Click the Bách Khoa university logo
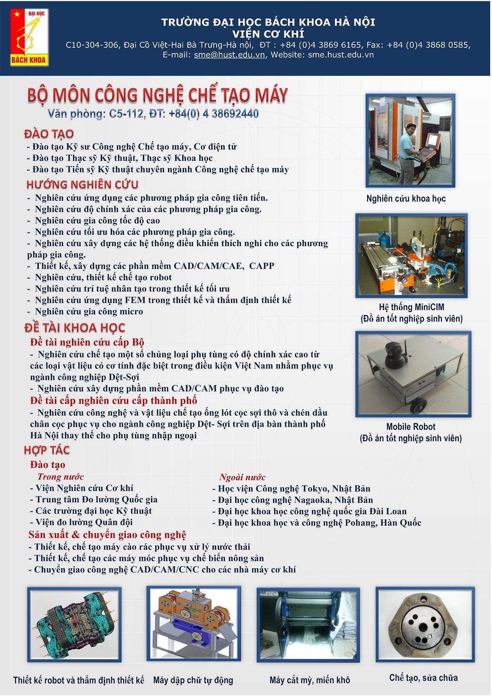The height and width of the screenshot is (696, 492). tap(29, 37)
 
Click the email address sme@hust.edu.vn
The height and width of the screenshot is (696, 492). tap(229, 55)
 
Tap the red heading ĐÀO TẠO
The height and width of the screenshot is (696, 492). tap(49, 134)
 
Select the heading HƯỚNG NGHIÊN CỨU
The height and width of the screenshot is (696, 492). tap(82, 185)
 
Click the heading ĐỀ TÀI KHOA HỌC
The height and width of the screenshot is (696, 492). tap(75, 328)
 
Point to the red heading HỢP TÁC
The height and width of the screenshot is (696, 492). tap(47, 450)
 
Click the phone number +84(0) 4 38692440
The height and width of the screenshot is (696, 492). tap(213, 114)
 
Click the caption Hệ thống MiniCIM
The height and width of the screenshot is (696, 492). tap(411, 307)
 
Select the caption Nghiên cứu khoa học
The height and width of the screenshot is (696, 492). tap(406, 198)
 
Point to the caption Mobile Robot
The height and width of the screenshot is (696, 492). tap(411, 427)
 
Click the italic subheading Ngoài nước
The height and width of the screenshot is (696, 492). tap(242, 477)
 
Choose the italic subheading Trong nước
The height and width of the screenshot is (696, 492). tap(61, 477)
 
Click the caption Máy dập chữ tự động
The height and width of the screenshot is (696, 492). tap(193, 680)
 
